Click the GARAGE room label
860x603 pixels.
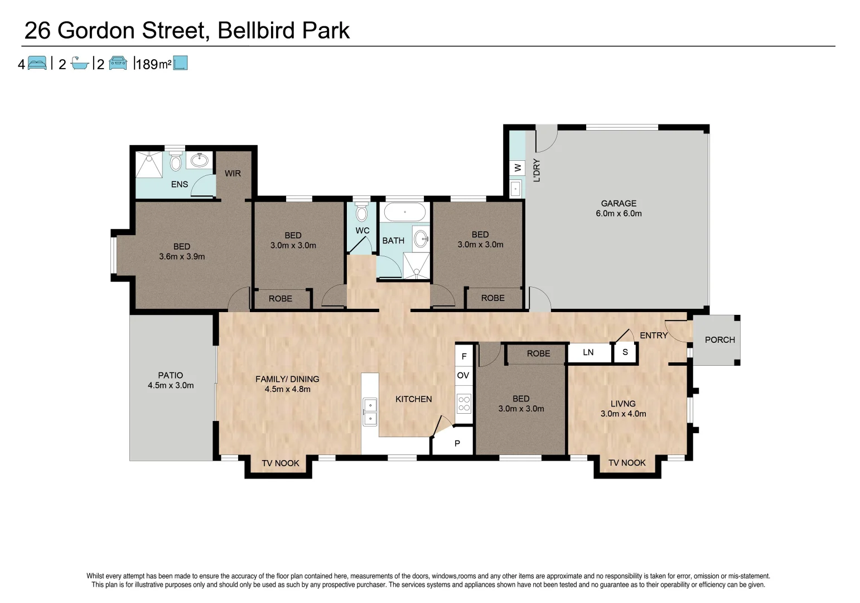619,203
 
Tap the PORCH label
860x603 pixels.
719,339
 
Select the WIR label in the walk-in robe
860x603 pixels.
233,174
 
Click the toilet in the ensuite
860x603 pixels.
176,162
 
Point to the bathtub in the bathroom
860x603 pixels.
405,212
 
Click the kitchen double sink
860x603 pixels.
369,411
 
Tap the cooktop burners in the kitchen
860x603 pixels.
464,404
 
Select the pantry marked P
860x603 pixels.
457,443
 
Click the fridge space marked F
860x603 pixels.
464,356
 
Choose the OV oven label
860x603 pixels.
463,375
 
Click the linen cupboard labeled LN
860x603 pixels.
588,352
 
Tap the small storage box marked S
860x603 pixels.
625,352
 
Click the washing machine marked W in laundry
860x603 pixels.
517,167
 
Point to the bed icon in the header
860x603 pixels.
37,63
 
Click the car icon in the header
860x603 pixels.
118,63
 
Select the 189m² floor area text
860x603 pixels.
153,64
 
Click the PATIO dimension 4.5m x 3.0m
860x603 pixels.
171,385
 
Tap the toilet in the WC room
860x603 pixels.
362,213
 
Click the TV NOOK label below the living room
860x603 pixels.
627,463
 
